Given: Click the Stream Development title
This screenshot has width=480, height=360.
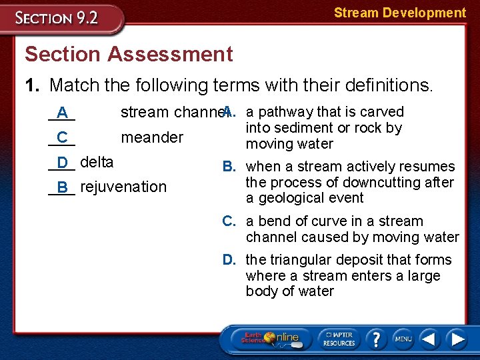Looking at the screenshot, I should pyautogui.click(x=399, y=13).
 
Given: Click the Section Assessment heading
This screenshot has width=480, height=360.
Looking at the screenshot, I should pyautogui.click(x=128, y=54).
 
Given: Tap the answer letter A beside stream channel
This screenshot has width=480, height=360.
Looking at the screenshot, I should pyautogui.click(x=62, y=112).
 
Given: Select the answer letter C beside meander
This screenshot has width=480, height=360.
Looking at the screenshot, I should pyautogui.click(x=62, y=137).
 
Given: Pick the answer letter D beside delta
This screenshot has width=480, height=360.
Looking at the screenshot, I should pyautogui.click(x=62, y=162).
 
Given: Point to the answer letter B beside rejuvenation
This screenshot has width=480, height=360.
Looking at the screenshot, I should pyautogui.click(x=62, y=187).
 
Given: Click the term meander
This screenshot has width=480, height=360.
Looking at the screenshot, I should pyautogui.click(x=151, y=137).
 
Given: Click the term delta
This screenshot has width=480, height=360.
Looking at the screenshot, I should pyautogui.click(x=97, y=162).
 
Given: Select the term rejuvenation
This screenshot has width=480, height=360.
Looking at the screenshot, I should pyautogui.click(x=123, y=187).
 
